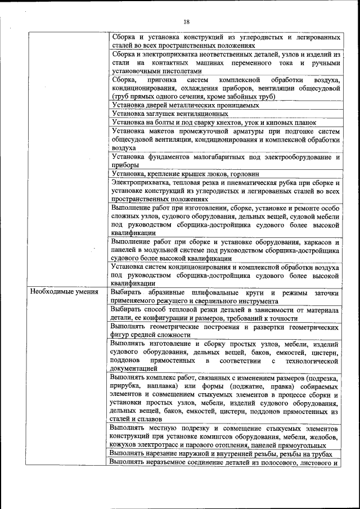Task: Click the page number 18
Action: coord(187,21)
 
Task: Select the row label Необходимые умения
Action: coord(64,292)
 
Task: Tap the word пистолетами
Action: coord(181,72)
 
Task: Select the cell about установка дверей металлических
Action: coord(186,105)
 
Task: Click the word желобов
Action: coord(323,437)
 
